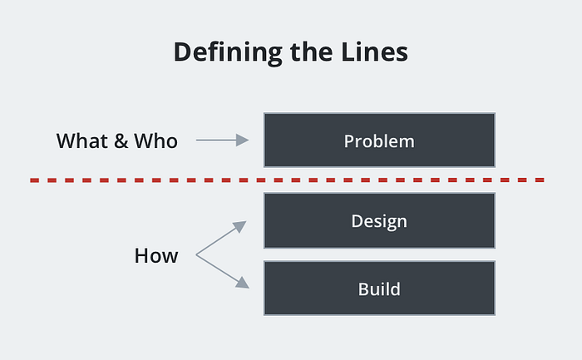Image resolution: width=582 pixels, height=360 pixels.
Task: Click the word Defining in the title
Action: pyautogui.click(x=228, y=52)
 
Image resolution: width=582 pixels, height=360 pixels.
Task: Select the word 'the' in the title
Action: pyautogui.click(x=311, y=52)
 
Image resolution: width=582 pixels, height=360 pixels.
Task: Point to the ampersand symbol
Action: pyautogui.click(x=121, y=141)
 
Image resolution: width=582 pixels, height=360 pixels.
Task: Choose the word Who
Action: pyautogui.click(x=156, y=141)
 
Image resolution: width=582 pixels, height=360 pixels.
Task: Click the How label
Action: pyautogui.click(x=156, y=256)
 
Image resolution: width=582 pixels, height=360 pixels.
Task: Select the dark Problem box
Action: pyautogui.click(x=379, y=141)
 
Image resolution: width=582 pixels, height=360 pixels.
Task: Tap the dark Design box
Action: pyautogui.click(x=379, y=220)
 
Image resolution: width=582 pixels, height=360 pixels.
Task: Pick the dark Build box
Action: pyautogui.click(x=379, y=288)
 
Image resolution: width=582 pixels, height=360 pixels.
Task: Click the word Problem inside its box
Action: pyautogui.click(x=379, y=141)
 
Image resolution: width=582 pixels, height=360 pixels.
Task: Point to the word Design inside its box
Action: pyautogui.click(x=379, y=221)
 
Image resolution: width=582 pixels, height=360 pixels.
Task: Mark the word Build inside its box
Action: pyautogui.click(x=379, y=289)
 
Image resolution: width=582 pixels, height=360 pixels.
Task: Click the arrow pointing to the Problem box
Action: pyautogui.click(x=222, y=140)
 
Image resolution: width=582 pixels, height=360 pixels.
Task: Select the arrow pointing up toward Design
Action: pyautogui.click(x=221, y=238)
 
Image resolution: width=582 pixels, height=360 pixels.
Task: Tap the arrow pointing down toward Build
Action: pyautogui.click(x=222, y=271)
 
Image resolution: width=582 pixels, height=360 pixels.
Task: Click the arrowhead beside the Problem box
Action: pyautogui.click(x=243, y=140)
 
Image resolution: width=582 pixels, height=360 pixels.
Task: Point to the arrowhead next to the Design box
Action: pyautogui.click(x=240, y=225)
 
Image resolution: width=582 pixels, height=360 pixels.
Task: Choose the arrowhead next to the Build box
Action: pyautogui.click(x=243, y=284)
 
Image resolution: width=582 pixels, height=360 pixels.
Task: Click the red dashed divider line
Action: pyautogui.click(x=288, y=180)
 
